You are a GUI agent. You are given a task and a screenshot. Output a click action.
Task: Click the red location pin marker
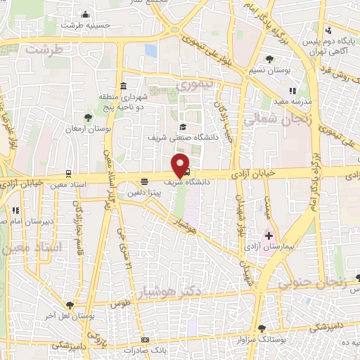click(x=181, y=165)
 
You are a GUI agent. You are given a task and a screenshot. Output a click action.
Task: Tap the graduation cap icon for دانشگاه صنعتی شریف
click(x=183, y=127)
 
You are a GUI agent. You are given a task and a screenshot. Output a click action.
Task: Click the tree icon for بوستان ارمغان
click(x=88, y=117)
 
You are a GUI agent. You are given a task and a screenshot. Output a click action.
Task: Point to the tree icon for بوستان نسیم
click(x=271, y=58)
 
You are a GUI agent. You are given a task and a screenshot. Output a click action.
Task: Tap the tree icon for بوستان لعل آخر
click(x=69, y=304)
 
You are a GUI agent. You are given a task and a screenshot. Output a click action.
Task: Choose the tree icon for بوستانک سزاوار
click(x=262, y=328)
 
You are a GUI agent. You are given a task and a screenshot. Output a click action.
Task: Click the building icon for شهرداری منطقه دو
click(x=123, y=86)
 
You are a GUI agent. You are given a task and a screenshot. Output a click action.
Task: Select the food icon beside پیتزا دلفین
click(x=144, y=180)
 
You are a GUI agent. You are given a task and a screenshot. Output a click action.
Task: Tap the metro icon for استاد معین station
click(x=68, y=172)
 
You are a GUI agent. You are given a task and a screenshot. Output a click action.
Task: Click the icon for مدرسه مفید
click(x=293, y=90)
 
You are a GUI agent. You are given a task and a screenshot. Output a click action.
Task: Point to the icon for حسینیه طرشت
click(x=86, y=14)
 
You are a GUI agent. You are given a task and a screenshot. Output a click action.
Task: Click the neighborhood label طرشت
click(x=44, y=49)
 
